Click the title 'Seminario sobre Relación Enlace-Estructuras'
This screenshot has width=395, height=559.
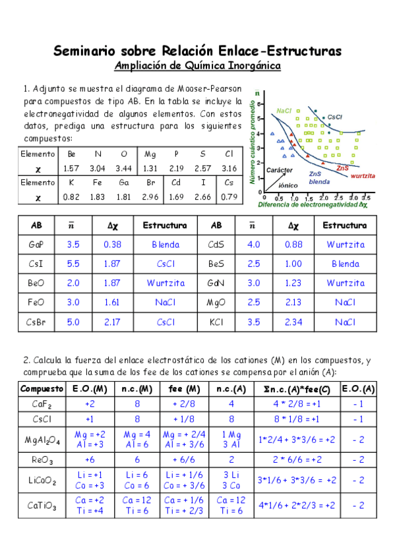[197, 51]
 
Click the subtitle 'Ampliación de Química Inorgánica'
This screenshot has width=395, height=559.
[197, 66]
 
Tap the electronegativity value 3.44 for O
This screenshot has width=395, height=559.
[124, 168]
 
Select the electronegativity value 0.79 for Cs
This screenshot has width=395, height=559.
[229, 196]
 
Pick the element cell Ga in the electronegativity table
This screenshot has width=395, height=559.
[125, 182]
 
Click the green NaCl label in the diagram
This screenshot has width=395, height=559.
[284, 111]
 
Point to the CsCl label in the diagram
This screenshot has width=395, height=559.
[334, 117]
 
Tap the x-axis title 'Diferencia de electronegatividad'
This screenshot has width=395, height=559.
[313, 205]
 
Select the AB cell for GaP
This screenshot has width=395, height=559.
[37, 245]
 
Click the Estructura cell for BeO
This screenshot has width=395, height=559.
[165, 283]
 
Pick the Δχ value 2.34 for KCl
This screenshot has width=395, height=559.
[293, 322]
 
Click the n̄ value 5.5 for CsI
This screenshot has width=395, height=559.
[73, 264]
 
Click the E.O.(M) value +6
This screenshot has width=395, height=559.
[90, 459]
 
